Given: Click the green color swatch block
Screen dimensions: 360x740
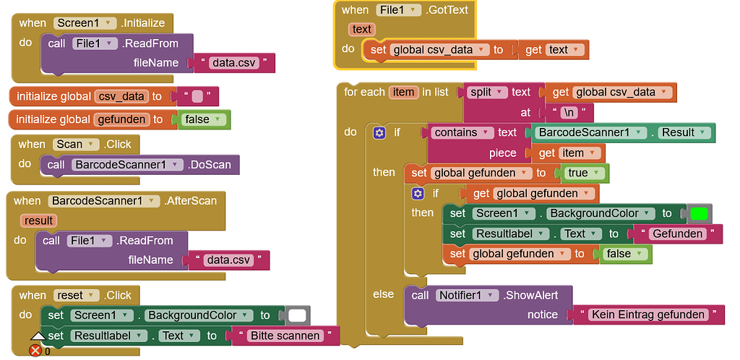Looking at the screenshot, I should tap(699, 214).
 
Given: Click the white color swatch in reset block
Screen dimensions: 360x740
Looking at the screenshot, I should tap(296, 315).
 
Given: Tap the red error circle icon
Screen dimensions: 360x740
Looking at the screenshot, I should tap(35, 351).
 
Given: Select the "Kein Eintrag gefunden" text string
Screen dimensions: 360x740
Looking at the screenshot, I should tap(647, 314).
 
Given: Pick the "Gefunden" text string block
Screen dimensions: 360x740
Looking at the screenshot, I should tap(677, 234).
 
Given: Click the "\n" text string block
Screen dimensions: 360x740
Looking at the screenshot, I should tap(568, 113).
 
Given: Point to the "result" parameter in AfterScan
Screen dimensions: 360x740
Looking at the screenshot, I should tap(38, 220).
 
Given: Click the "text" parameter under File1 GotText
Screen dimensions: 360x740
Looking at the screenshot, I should tap(361, 30).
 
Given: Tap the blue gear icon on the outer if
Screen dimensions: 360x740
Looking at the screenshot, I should tap(379, 133).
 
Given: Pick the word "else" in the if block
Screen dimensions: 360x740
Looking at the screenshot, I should tap(383, 294).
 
